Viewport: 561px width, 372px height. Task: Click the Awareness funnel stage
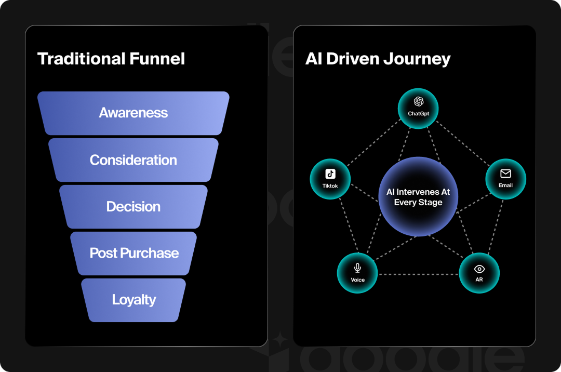(x=133, y=113)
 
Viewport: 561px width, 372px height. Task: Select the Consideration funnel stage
(x=133, y=160)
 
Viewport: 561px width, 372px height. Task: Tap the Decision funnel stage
(x=133, y=207)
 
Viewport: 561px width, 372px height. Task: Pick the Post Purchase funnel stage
(x=134, y=254)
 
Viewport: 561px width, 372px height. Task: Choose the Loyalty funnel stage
(x=134, y=300)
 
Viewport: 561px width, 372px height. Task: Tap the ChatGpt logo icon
(x=419, y=101)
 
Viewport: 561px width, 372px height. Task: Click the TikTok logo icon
(x=330, y=174)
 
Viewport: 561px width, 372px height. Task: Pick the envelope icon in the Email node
(x=505, y=174)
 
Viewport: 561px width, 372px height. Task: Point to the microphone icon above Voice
(x=357, y=268)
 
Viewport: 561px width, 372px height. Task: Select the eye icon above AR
(x=479, y=269)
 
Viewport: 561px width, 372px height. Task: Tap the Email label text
(x=505, y=185)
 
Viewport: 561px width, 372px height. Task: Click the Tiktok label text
(x=330, y=186)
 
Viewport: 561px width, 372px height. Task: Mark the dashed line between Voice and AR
(x=418, y=274)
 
